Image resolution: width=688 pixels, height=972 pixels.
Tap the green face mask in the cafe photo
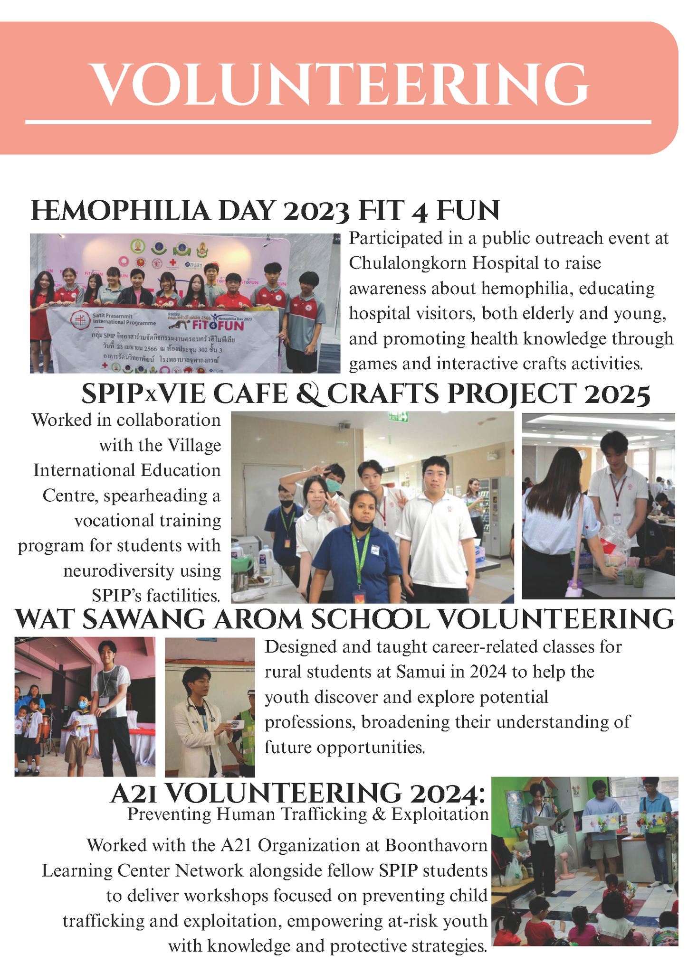(334, 485)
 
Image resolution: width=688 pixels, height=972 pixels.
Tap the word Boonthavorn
(436, 845)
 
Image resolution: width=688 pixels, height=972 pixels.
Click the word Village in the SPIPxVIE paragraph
(194, 445)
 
